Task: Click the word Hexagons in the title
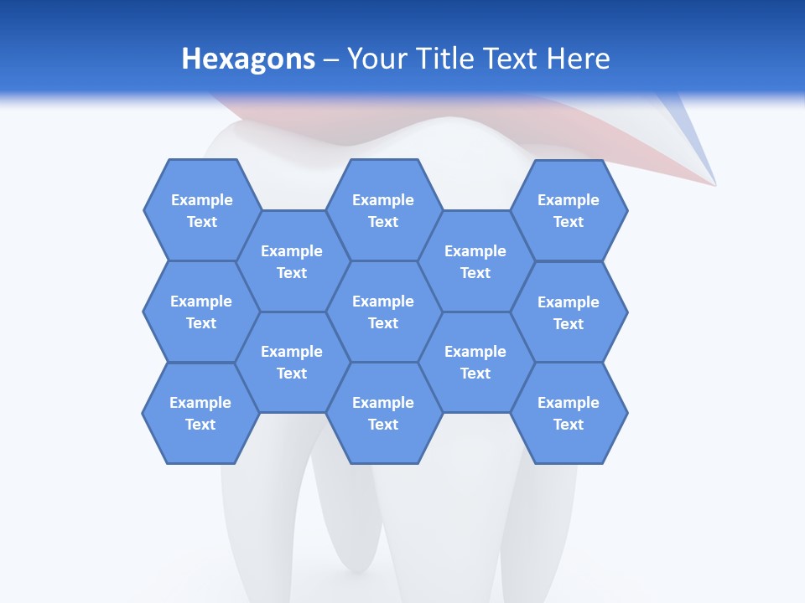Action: [x=248, y=59]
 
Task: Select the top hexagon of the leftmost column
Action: [x=201, y=210]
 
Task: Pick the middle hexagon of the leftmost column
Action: [x=201, y=312]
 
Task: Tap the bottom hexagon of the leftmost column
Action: [x=200, y=413]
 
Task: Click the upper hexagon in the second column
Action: [x=292, y=261]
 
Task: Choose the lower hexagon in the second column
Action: [x=292, y=362]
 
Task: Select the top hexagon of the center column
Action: [x=383, y=210]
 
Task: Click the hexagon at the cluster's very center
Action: [x=383, y=312]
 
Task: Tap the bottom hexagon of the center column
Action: [x=383, y=413]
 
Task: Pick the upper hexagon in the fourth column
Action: [x=475, y=261]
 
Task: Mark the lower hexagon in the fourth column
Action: [x=475, y=362]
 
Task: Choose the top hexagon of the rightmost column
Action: [x=569, y=210]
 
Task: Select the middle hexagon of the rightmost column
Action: [x=569, y=312]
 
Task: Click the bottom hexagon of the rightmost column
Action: [x=569, y=413]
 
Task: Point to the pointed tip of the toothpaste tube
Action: [x=714, y=183]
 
